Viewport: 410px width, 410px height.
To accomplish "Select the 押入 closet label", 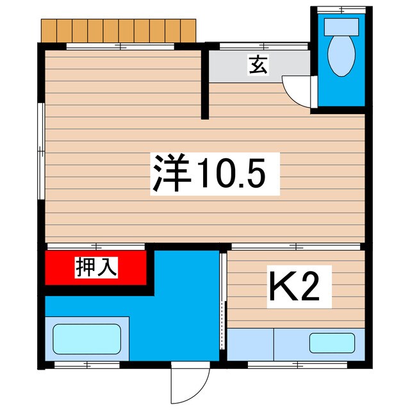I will [x=96, y=266].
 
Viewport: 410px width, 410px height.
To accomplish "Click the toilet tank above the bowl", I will [x=340, y=27].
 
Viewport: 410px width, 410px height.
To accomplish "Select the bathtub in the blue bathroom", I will [x=86, y=340].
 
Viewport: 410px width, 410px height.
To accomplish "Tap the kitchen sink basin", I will [x=331, y=343].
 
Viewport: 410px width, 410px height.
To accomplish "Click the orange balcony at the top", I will [x=119, y=29].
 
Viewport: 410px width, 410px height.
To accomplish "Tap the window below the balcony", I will [x=120, y=46].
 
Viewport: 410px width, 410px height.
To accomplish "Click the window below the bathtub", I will [x=86, y=365].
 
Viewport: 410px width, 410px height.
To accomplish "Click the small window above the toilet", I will [x=340, y=9].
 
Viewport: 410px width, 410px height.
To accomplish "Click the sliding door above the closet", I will [x=96, y=246].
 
